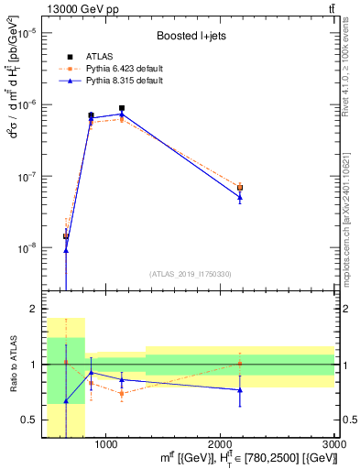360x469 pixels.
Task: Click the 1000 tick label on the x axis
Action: [x=105, y=444]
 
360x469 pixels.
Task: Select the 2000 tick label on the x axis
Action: [x=220, y=444]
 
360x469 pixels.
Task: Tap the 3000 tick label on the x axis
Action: [x=334, y=444]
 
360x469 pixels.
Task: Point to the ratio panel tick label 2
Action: [x=30, y=310]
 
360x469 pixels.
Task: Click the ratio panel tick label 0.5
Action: [x=27, y=420]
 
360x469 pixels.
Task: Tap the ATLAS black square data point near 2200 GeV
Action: [x=240, y=188]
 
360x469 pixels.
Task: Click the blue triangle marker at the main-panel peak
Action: [x=122, y=114]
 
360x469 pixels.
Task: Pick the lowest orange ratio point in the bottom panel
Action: [x=122, y=393]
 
